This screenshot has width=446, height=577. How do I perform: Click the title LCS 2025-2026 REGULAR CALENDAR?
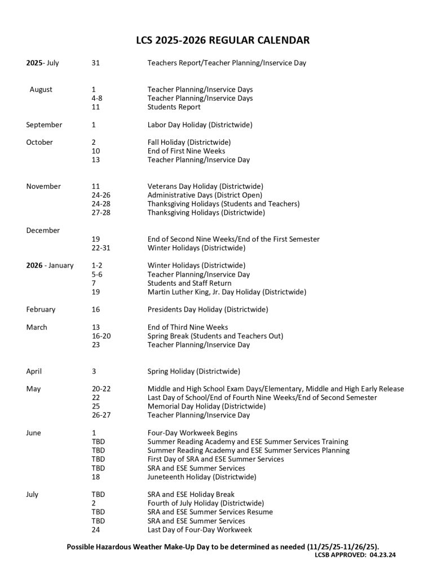[x=223, y=40]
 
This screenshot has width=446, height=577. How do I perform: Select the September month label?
[x=44, y=125]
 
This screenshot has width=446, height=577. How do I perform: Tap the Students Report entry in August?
[x=174, y=107]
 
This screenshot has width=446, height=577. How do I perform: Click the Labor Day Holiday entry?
[x=200, y=125]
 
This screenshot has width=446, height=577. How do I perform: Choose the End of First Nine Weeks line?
[x=186, y=151]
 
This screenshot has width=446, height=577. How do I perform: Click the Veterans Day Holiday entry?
[x=205, y=187]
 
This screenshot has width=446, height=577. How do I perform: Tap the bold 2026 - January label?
[x=50, y=265]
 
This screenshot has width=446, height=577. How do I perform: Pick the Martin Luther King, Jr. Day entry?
[x=227, y=292]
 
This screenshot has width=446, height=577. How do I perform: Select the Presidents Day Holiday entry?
[x=207, y=309]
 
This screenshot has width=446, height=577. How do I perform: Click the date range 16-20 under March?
[x=101, y=336]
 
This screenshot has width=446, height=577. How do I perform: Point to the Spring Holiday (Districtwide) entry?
[x=193, y=371]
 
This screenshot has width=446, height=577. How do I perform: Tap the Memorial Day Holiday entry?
[x=206, y=406]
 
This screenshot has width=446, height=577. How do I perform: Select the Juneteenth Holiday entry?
[x=201, y=477]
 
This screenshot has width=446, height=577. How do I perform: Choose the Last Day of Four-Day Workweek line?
[x=200, y=530]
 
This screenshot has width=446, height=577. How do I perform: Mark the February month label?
[x=41, y=309]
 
